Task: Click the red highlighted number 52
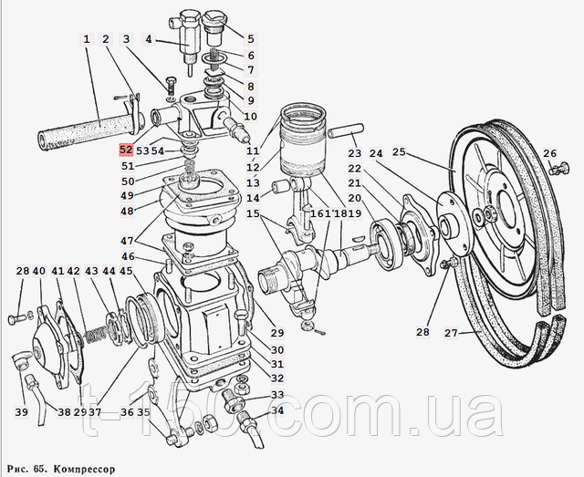pyautogui.click(x=126, y=150)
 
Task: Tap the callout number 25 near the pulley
pyautogui.click(x=400, y=152)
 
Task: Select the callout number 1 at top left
pyautogui.click(x=87, y=39)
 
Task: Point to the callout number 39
pyautogui.click(x=22, y=412)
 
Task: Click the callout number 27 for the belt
pyautogui.click(x=451, y=332)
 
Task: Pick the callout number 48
pyautogui.click(x=127, y=211)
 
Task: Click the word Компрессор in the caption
pyautogui.click(x=83, y=468)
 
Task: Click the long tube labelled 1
pyautogui.click(x=88, y=131)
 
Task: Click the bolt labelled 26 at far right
pyautogui.click(x=558, y=170)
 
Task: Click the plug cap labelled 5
pyautogui.click(x=214, y=26)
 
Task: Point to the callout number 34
pyautogui.click(x=277, y=410)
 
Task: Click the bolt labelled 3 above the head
pyautogui.click(x=171, y=88)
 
